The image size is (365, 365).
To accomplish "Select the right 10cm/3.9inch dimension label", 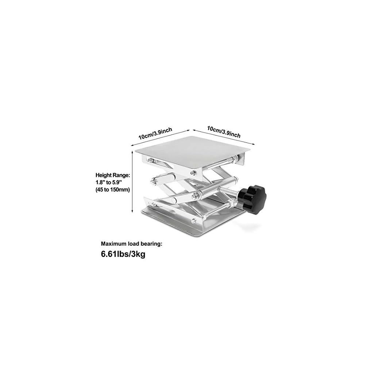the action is [x=224, y=132].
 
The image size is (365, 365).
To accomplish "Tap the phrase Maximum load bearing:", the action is [x=132, y=243].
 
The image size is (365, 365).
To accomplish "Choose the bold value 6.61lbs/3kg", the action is [x=123, y=254].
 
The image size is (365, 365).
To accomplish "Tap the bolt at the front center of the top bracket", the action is [x=192, y=170].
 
